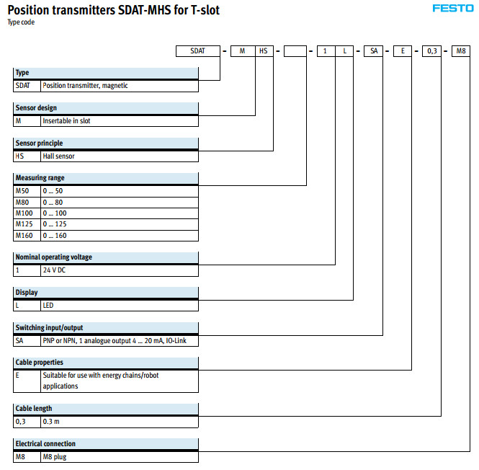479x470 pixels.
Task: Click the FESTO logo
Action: [451, 9]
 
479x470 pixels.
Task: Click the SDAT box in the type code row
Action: [198, 51]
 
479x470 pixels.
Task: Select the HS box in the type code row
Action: [264, 51]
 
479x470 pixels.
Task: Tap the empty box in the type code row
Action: [295, 51]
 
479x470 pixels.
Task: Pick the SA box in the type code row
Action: [374, 51]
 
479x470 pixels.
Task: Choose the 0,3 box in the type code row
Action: [431, 51]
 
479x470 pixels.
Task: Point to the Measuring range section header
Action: [106, 177]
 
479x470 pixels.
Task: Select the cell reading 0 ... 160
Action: [120, 236]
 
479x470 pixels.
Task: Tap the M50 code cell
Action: [27, 190]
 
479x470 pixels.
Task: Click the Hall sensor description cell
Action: [120, 156]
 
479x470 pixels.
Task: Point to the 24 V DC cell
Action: [120, 270]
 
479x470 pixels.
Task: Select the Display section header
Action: [106, 293]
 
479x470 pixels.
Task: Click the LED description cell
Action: [120, 305]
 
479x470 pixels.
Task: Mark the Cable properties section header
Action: [106, 362]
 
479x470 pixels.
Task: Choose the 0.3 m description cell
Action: [120, 421]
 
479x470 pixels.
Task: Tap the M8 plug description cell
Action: [120, 456]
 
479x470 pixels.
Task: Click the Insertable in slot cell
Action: [120, 121]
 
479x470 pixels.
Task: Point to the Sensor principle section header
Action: [106, 143]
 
